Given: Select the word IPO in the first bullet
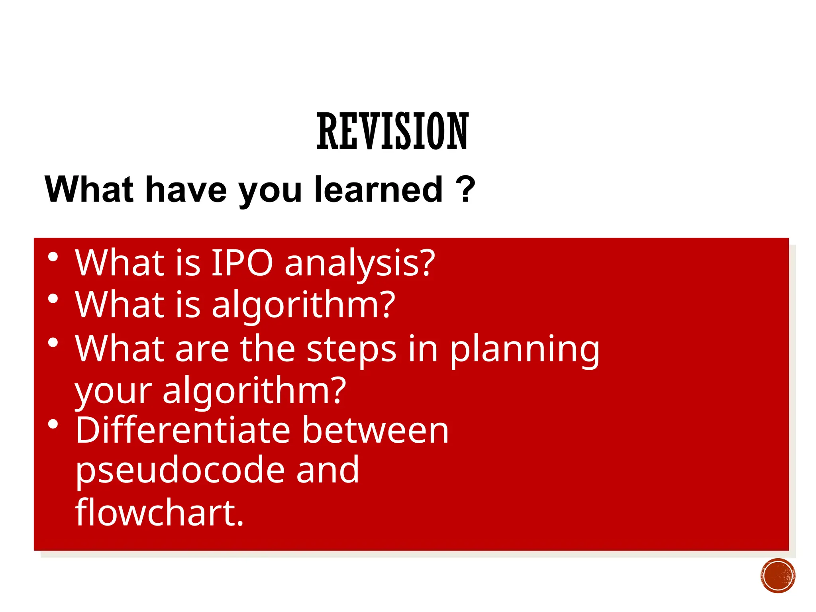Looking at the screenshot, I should point(242,263).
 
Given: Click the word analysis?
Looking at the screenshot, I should point(360,264).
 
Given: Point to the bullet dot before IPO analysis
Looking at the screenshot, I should point(53,257).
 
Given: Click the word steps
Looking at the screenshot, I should point(352,349).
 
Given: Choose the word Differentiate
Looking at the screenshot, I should point(183,430).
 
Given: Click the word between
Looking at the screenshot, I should point(375,430).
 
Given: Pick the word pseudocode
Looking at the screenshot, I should point(180,471).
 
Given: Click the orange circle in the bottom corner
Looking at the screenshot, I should point(777,576).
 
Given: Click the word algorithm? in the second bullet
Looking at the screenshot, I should point(304,305).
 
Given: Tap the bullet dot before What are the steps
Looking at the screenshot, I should point(53,343).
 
